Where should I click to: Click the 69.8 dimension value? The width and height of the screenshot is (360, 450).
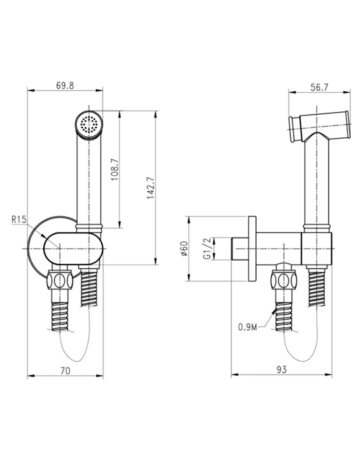click(x=65, y=85)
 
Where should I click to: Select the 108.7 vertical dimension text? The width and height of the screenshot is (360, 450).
click(x=115, y=169)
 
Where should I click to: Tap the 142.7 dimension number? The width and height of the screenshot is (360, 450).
click(x=151, y=188)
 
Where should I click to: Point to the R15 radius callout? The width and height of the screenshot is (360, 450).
click(x=19, y=219)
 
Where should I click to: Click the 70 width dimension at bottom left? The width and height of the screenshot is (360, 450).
click(x=65, y=371)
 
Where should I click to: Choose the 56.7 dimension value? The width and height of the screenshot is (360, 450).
click(x=319, y=87)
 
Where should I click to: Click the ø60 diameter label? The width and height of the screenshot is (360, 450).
click(x=184, y=249)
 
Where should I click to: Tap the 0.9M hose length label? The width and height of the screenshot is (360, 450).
click(x=247, y=327)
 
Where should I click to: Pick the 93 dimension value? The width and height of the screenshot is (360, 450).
click(x=281, y=369)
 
